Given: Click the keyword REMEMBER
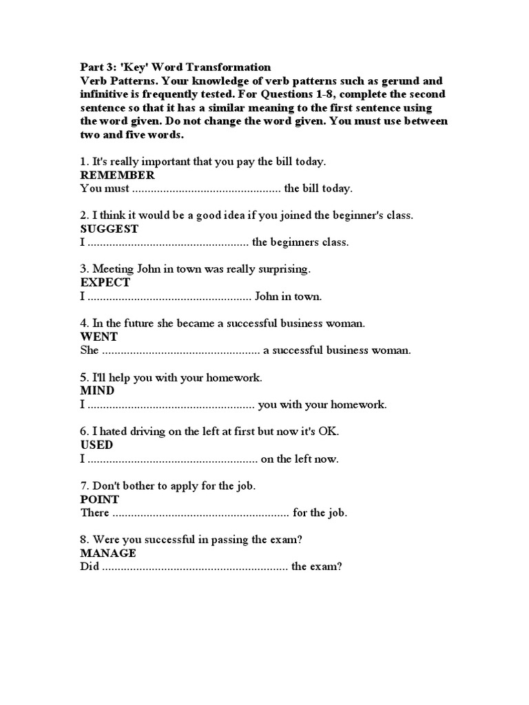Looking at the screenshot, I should click(118, 175).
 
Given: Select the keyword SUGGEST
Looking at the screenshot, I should click(110, 229).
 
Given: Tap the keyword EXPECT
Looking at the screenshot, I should click(105, 282).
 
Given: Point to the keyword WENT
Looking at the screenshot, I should click(99, 337).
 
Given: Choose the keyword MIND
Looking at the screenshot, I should click(97, 390).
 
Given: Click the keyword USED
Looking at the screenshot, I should click(96, 445).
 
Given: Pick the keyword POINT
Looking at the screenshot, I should click(100, 499).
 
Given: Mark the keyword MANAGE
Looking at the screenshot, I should click(108, 553).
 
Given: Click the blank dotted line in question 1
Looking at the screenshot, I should click(206, 189).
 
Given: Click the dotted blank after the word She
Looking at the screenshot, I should click(181, 350).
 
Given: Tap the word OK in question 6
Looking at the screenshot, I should click(328, 431).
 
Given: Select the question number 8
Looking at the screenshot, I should click(84, 539).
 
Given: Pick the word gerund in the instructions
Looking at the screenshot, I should click(393, 81).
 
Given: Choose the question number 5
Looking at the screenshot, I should click(84, 377).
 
